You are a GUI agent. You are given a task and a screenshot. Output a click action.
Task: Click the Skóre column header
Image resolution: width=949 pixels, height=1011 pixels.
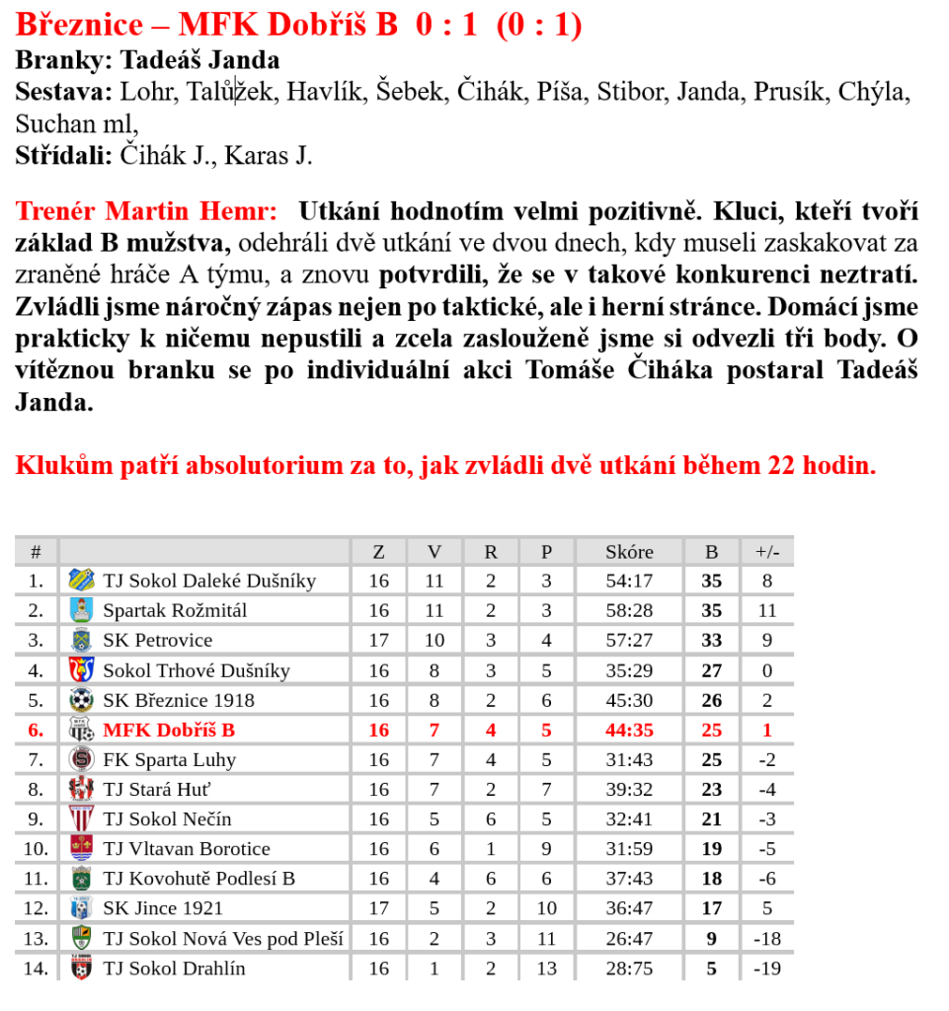[629, 552]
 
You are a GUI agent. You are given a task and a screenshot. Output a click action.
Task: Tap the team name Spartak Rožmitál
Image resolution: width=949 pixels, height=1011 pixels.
[175, 611]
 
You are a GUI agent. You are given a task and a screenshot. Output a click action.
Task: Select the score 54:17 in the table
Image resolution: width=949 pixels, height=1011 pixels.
[629, 582]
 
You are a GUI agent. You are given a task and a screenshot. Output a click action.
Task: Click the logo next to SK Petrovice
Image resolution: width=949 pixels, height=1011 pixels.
[81, 641]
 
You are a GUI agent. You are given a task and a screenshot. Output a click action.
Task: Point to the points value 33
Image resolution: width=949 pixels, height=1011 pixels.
[711, 641]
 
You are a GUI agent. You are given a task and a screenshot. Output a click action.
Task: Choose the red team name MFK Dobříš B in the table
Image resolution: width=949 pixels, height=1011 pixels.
[169, 731]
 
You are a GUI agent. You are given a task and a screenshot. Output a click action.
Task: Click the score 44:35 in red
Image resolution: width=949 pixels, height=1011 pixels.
[629, 731]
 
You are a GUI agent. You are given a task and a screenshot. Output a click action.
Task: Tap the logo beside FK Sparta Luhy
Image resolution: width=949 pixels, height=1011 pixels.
[81, 760]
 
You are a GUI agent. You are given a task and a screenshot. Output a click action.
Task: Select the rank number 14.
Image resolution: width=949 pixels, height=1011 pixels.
[36, 969]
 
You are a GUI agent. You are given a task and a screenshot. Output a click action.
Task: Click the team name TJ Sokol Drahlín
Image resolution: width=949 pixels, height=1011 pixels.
[174, 969]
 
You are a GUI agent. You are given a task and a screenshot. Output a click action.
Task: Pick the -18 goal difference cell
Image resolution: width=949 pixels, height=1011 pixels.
[766, 939]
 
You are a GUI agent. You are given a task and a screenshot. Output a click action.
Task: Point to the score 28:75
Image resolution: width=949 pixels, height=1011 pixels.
[629, 969]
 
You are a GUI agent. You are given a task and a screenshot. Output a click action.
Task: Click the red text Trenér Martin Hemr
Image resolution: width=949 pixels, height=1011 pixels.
[146, 211]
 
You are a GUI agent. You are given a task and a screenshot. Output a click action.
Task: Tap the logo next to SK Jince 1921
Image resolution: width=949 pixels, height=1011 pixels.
[81, 908]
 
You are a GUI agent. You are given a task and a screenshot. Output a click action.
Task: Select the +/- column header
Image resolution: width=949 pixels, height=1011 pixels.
[766, 552]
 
